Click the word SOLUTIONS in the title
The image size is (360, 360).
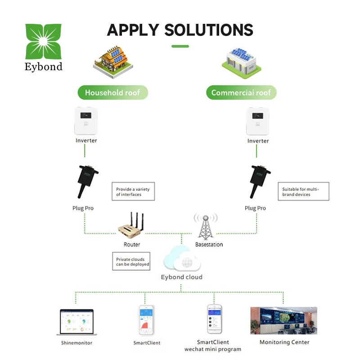(209, 30)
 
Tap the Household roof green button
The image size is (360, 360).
(112, 93)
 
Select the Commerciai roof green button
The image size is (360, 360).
(241, 93)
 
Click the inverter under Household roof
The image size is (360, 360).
(86, 120)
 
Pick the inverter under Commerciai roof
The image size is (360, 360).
(258, 120)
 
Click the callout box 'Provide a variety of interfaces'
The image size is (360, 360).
(130, 192)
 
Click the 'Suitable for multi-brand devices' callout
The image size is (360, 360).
(303, 192)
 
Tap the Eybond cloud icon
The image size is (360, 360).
(181, 260)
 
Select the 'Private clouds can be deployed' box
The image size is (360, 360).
(131, 261)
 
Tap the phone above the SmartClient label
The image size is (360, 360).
(147, 320)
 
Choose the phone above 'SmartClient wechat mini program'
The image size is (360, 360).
(215, 319)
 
